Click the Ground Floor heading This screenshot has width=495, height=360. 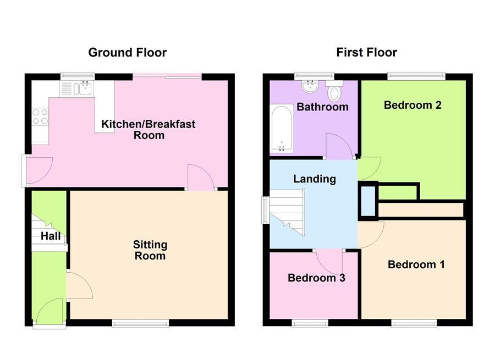click(127, 53)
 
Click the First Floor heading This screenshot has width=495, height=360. click(366, 53)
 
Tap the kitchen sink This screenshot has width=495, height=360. click(84, 88)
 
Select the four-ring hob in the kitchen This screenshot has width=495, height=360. click(40, 117)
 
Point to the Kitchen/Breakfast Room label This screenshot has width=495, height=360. click(148, 130)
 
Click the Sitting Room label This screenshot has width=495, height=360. click(150, 250)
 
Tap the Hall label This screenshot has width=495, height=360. click(50, 237)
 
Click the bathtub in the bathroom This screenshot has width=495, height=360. click(282, 129)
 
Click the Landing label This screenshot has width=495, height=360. click(314, 179)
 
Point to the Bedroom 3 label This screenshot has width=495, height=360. click(316, 278)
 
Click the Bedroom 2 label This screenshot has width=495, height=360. click(413, 105)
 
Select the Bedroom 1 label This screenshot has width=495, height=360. click(416, 264)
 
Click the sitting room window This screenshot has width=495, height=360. click(140, 324)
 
